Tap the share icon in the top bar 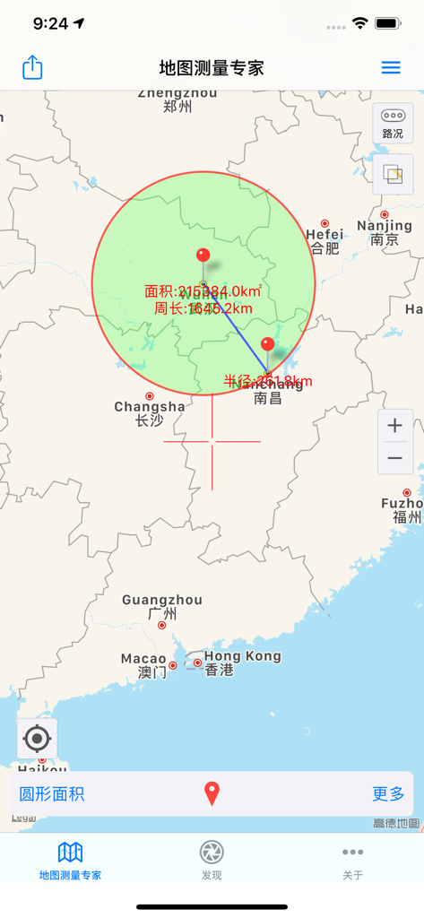tap(32, 67)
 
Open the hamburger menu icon tap(391, 67)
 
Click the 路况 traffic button tap(393, 123)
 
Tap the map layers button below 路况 tap(393, 174)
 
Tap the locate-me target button tap(37, 739)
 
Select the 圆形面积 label tap(52, 793)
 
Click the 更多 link tap(388, 793)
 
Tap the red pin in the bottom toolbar tap(212, 793)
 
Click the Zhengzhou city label tap(177, 100)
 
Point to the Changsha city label tap(150, 412)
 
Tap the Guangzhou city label tap(162, 607)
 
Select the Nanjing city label tap(385, 231)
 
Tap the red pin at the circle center tap(203, 256)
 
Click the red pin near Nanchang tap(267, 345)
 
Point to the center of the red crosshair tap(212, 441)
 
